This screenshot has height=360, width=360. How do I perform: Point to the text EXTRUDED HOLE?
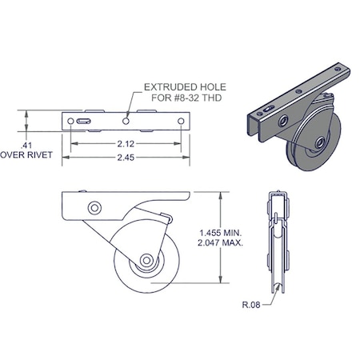pos(183,86)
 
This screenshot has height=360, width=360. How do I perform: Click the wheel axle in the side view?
pos(147,260)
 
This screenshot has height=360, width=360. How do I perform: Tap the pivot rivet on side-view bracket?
pos(94,208)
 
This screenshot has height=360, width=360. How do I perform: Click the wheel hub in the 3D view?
pos(318,143)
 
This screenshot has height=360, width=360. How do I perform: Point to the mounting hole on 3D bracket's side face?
pos(282,119)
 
